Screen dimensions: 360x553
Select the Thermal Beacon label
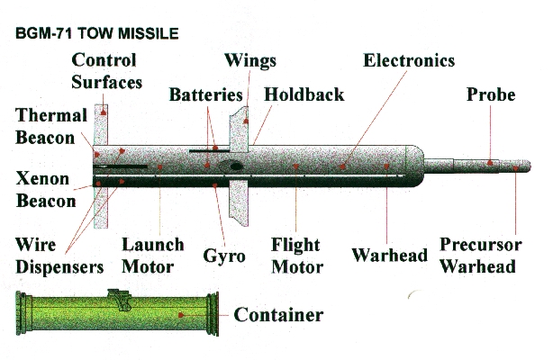click(50, 126)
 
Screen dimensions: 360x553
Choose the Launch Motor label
click(153, 255)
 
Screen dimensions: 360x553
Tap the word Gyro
click(224, 255)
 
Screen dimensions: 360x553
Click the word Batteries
click(207, 94)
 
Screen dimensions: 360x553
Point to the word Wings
click(250, 61)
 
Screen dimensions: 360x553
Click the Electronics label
click(409, 61)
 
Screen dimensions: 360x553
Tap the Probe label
click(491, 94)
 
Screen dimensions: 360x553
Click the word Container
click(278, 315)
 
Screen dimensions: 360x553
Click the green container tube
click(117, 315)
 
